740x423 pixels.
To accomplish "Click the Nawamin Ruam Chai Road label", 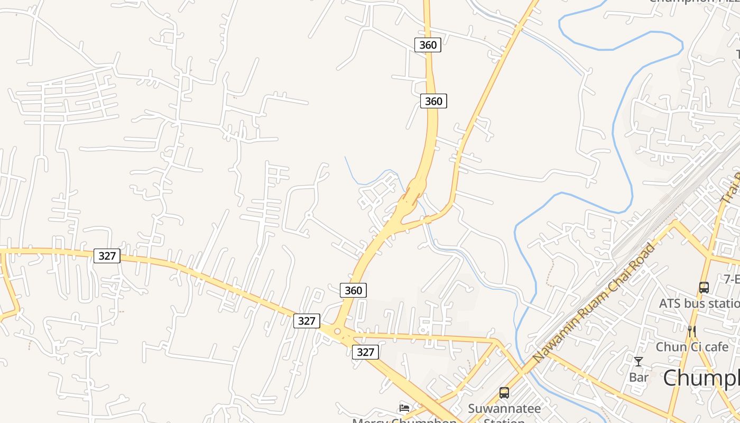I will [595, 302].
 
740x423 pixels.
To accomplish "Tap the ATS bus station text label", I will [699, 304].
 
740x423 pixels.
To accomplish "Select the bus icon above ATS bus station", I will [704, 288].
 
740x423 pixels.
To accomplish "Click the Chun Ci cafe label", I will [692, 347].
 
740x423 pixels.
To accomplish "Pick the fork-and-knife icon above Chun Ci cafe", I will [692, 332].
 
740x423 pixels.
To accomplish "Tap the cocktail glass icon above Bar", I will [639, 362].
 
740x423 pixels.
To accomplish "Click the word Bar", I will [639, 378].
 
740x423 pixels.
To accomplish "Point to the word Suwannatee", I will [504, 409].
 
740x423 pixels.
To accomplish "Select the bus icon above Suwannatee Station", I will [504, 393].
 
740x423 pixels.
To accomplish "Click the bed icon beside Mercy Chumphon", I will [404, 408].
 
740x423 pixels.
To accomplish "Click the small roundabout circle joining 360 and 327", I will [337, 331].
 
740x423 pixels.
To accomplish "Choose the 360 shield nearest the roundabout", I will [353, 290].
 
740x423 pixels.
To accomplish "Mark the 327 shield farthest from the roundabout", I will [107, 256].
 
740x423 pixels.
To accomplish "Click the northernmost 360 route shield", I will [428, 45].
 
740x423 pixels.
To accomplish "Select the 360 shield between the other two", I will [433, 101].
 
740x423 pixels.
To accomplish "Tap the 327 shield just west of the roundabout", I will [307, 320].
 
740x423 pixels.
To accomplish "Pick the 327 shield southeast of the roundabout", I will [365, 352].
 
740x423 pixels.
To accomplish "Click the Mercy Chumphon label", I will [404, 420].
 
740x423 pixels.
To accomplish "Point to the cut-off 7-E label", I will [732, 279].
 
